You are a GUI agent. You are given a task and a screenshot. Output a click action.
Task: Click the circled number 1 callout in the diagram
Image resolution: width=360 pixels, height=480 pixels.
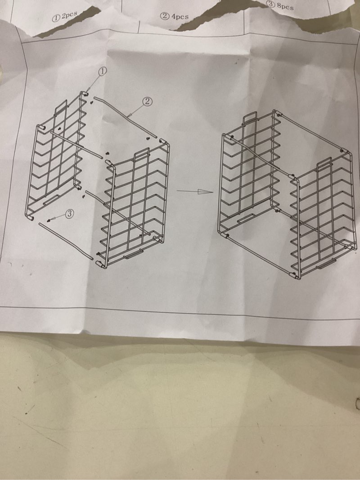click(x=103, y=71)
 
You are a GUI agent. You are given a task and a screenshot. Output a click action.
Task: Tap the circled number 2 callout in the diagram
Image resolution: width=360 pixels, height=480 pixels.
click(x=147, y=102)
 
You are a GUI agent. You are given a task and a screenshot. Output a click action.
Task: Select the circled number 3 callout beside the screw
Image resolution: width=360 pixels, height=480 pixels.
click(x=70, y=214)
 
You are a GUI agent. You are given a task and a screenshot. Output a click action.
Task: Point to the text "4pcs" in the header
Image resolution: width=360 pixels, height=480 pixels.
click(x=180, y=17)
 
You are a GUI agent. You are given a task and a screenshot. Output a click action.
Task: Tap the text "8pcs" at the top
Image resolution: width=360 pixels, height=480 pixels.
click(x=285, y=6)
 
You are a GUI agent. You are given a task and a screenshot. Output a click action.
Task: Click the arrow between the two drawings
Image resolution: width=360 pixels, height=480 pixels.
click(x=195, y=192)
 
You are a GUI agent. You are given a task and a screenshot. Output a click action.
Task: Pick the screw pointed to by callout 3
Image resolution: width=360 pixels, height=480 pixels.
click(x=49, y=220)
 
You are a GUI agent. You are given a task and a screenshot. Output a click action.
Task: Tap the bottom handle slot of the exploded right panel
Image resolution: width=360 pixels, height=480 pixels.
click(x=134, y=254)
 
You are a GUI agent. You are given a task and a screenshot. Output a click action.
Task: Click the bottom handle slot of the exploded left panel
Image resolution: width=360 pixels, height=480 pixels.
click(x=51, y=199)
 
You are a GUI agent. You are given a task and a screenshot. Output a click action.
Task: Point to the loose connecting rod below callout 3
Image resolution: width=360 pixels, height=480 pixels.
click(x=66, y=241)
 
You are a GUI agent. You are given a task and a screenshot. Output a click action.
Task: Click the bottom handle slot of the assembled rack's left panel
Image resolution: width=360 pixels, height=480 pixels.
click(x=245, y=218)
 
